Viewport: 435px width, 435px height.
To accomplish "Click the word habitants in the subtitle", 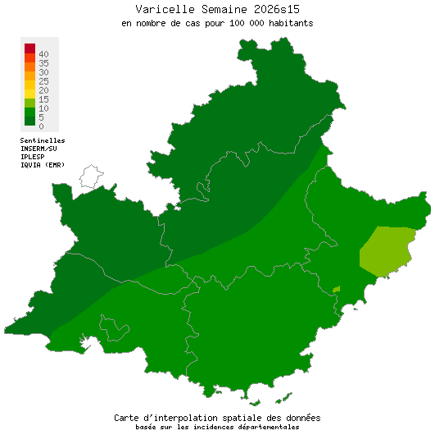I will [287, 23].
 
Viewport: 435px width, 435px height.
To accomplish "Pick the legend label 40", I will [43, 54].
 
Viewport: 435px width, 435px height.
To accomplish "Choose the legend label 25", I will [43, 81].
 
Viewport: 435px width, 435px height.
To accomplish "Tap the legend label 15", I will [43, 99].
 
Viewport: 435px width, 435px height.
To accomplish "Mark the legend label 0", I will [41, 126].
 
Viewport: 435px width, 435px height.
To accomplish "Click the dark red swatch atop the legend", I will [29, 48].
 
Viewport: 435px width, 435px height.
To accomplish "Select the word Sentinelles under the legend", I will [43, 140].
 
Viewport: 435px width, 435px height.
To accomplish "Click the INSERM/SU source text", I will [39, 149].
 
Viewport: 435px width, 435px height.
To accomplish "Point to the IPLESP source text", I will [34, 157].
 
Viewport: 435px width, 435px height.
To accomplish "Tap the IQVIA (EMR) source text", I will [43, 165].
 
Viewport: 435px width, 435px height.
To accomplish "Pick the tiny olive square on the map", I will [336, 290].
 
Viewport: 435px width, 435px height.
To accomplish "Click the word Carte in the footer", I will [130, 418].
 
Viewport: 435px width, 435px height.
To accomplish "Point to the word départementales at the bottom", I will [267, 427].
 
